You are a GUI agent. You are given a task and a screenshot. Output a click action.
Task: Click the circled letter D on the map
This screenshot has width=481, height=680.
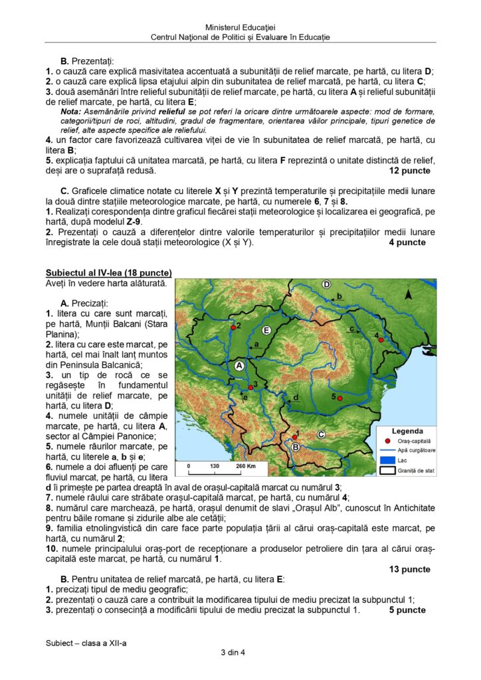pos(326,284)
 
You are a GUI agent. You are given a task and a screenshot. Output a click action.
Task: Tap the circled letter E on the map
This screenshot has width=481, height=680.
pos(266,330)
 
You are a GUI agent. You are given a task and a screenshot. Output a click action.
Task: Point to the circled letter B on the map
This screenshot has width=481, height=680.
pos(296,448)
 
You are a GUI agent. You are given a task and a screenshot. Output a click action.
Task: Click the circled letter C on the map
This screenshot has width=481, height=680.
pos(320,434)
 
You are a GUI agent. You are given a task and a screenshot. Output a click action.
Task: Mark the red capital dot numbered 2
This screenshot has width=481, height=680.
pos(233,327)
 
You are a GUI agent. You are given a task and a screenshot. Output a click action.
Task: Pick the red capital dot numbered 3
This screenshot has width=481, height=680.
pos(250,387)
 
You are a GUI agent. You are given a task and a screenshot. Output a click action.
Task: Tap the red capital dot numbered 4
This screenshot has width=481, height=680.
pos(381,340)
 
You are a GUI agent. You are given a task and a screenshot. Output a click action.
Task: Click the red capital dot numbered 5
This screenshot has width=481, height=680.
pos(339,398)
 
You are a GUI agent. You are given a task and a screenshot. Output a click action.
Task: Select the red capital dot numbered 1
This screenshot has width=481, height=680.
pos(294,437)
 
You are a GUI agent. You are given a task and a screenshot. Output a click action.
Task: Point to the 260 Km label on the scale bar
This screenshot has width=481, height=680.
pos(246,466)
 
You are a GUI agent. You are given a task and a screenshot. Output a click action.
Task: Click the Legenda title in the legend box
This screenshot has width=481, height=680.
pos(407,431)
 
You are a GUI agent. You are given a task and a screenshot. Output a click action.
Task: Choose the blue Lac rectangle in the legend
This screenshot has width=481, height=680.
pos(387,460)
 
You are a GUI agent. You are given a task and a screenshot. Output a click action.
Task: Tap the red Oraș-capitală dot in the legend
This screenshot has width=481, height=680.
pos(388,441)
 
